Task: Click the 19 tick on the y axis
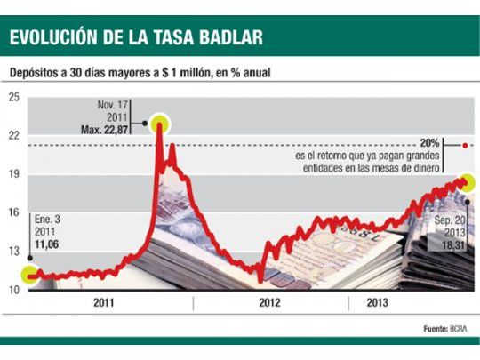click(x=13, y=174)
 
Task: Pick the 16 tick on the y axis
click(x=13, y=212)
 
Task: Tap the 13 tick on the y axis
click(x=13, y=252)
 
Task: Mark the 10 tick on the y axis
click(x=13, y=290)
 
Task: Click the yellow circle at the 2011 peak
click(x=160, y=124)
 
